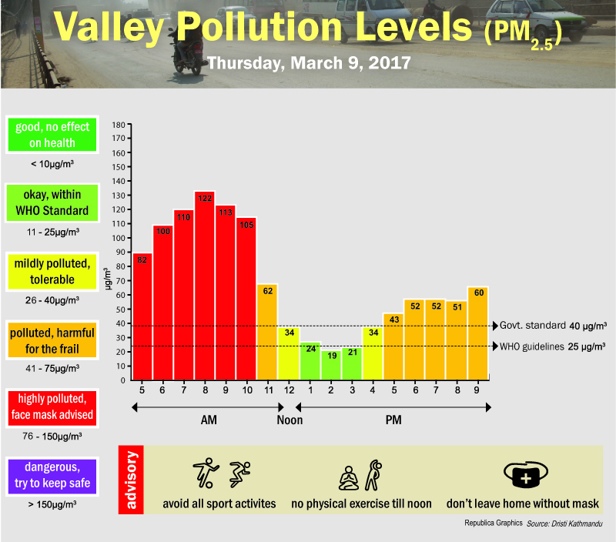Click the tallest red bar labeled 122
[x=204, y=285]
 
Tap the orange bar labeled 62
[x=266, y=332]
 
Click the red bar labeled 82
[x=142, y=316]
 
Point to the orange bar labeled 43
[x=393, y=346]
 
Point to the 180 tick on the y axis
[x=119, y=125]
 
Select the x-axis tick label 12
[x=288, y=390]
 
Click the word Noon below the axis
[x=290, y=420]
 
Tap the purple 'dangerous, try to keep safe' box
[x=51, y=475]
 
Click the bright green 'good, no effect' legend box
[x=51, y=135]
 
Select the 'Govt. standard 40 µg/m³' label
[x=553, y=325]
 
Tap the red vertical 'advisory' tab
[x=130, y=479]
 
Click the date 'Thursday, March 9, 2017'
[x=309, y=62]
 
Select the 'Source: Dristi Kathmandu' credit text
[x=564, y=524]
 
